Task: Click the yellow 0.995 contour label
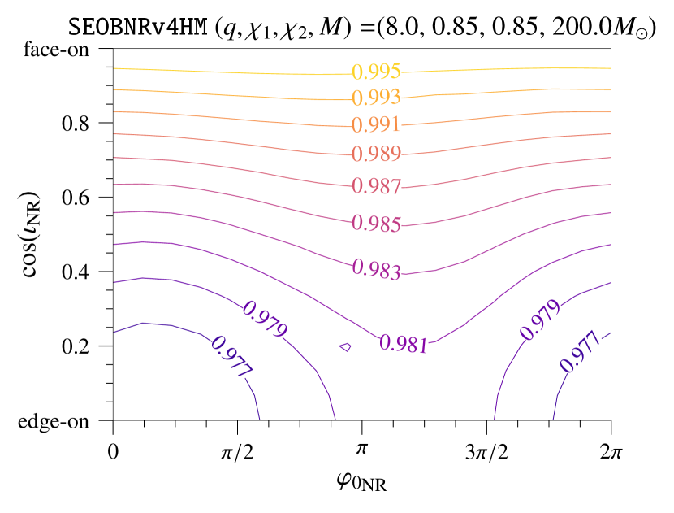point(376,72)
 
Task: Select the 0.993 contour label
point(376,98)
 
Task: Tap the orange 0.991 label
point(376,125)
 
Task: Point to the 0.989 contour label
point(376,154)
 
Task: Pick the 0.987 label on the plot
point(376,186)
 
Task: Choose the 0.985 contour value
point(376,224)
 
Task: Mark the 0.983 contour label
point(376,269)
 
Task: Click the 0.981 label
point(404,344)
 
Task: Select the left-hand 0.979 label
point(265,320)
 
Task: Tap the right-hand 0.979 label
point(541,320)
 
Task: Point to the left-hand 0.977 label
point(231,356)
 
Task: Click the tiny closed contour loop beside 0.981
point(345,347)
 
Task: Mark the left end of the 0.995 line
point(114,68)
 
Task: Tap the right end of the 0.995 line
point(610,68)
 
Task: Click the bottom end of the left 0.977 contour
point(259,420)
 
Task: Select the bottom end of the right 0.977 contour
point(553,420)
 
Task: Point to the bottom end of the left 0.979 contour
point(335,420)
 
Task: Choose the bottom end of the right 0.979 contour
point(494,420)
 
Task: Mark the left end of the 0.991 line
point(114,111)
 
